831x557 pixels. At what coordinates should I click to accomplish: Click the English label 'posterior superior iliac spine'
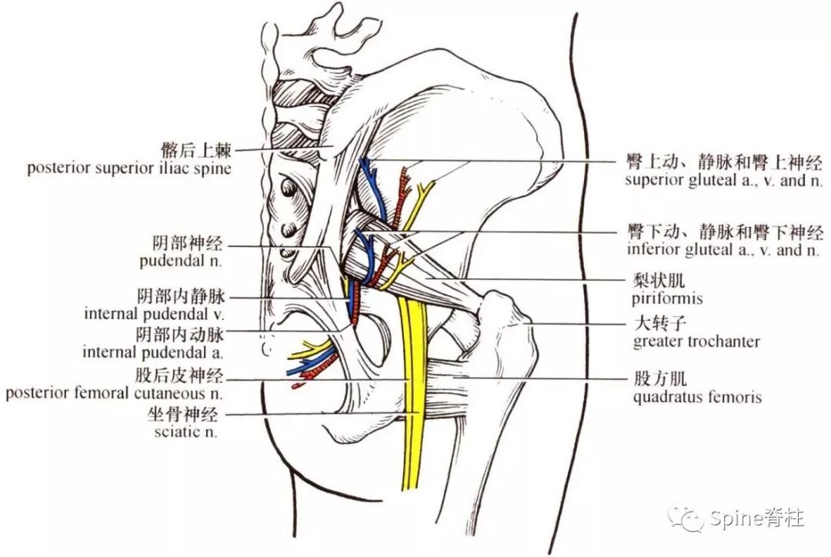129,168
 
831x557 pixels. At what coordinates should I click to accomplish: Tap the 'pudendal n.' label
181,261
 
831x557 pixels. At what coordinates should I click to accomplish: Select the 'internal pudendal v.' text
154,314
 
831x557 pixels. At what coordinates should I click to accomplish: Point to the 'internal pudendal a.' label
152,352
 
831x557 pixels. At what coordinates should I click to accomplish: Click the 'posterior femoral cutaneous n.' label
114,393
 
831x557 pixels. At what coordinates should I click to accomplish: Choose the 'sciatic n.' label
186,432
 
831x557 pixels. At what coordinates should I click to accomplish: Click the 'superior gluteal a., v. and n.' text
724,180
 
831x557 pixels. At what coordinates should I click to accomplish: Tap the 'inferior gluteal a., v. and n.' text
723,249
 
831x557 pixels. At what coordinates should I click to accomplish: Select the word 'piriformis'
666,299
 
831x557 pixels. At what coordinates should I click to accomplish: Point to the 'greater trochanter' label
696,342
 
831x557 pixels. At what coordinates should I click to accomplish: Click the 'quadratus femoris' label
697,397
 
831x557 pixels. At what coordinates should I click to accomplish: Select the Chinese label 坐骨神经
183,414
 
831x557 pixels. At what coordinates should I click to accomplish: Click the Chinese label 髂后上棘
196,151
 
